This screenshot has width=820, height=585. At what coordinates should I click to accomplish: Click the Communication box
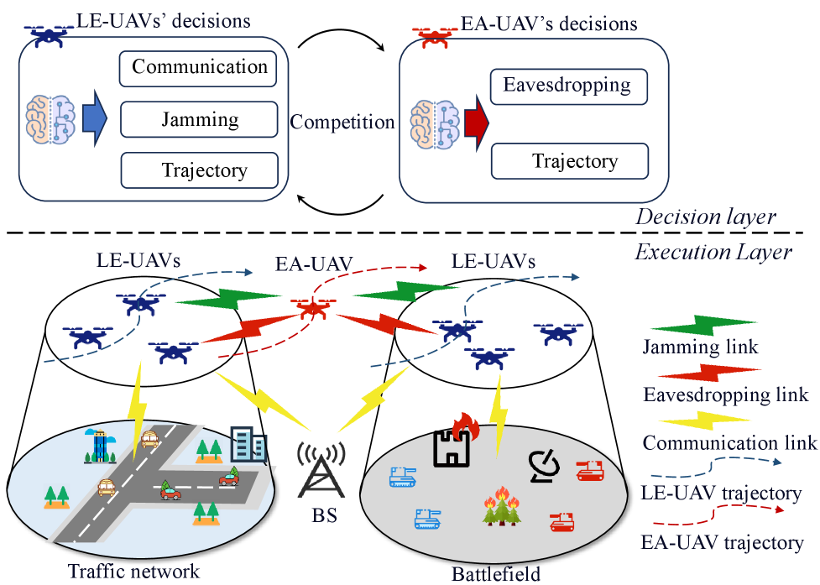(x=199, y=68)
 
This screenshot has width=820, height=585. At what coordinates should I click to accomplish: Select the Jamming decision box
(x=199, y=119)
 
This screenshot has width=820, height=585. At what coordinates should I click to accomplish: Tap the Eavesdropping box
(x=568, y=86)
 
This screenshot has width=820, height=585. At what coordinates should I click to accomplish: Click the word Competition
(x=342, y=123)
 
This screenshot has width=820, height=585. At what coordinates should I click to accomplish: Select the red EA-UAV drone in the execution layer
(x=311, y=310)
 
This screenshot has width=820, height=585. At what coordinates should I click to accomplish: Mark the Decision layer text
(x=705, y=217)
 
